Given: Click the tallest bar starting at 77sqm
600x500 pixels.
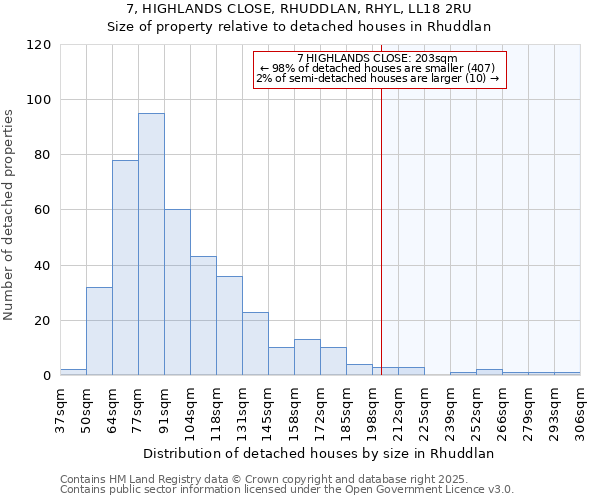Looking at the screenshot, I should click(151, 244).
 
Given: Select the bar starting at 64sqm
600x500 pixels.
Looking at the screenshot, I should click(125, 268).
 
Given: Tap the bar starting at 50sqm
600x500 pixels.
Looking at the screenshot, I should click(99, 331).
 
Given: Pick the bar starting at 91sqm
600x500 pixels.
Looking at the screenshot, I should click(177, 292).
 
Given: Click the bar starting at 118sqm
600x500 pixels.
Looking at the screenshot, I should click(229, 326).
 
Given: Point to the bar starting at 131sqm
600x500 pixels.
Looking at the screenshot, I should click(255, 344).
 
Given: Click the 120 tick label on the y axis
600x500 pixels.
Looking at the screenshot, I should click(38, 45).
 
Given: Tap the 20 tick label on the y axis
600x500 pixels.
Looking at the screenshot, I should click(42, 321).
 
